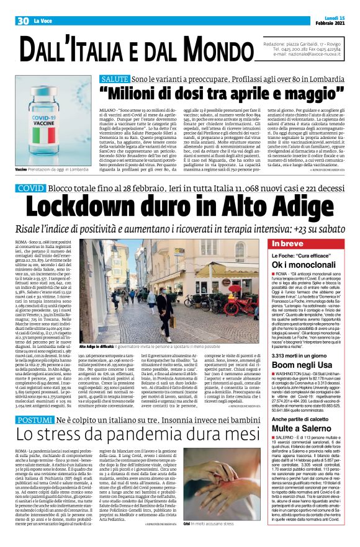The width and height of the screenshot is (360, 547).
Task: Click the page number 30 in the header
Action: pos(23,20)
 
